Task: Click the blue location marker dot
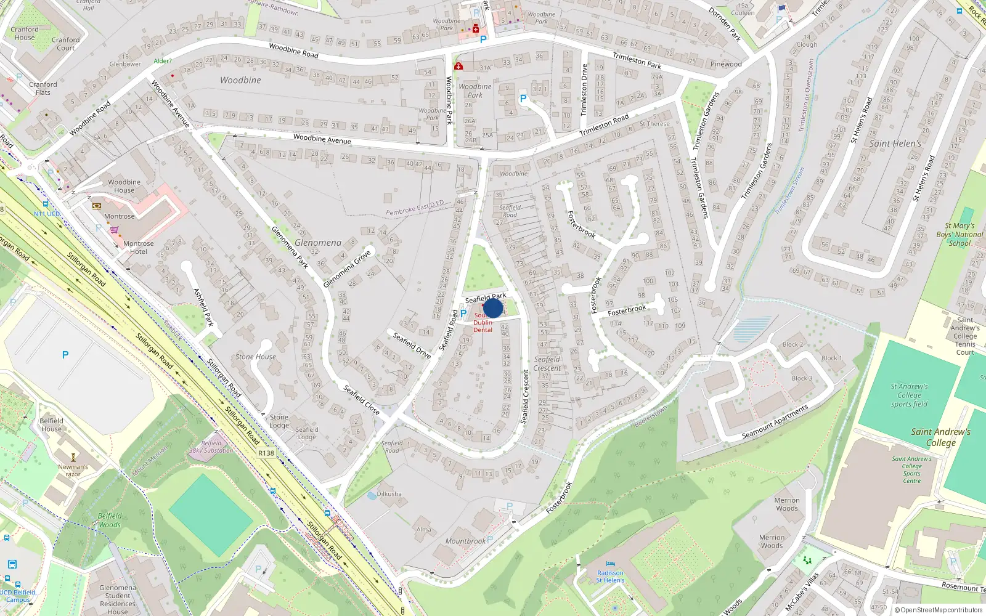pyautogui.click(x=493, y=308)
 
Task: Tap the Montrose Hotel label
pyautogui.click(x=139, y=248)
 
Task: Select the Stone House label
pyautogui.click(x=256, y=357)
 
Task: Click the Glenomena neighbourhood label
pyautogui.click(x=318, y=243)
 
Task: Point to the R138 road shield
pyautogui.click(x=266, y=453)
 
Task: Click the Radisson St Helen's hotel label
pyautogui.click(x=610, y=577)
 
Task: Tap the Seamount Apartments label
pyautogui.click(x=775, y=422)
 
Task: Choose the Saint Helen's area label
pyautogui.click(x=895, y=144)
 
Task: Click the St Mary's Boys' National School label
pyautogui.click(x=960, y=234)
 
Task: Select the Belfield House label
pyautogui.click(x=51, y=425)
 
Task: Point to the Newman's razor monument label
pyautogui.click(x=73, y=470)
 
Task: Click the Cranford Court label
pyautogui.click(x=66, y=44)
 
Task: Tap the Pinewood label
pyautogui.click(x=726, y=64)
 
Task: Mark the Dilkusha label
pyautogui.click(x=389, y=494)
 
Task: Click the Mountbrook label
pyautogui.click(x=465, y=541)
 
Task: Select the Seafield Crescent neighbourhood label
pyautogui.click(x=547, y=363)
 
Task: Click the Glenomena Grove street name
pyautogui.click(x=347, y=269)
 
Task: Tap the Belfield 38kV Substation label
pyautogui.click(x=211, y=447)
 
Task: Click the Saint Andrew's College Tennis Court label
pyautogui.click(x=965, y=336)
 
